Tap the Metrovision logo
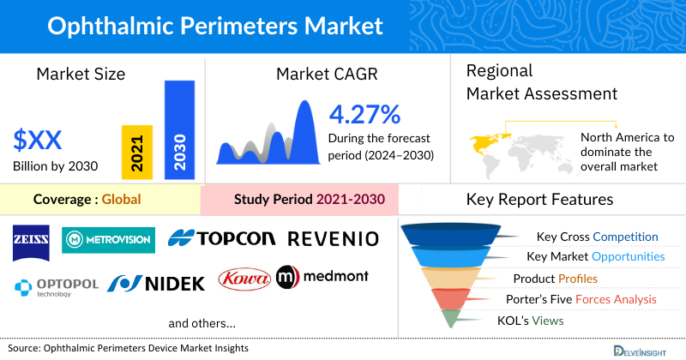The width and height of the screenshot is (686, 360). coord(108,238)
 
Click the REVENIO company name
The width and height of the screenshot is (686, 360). coord(333,238)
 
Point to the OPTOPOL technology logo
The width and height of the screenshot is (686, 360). coord(55,285)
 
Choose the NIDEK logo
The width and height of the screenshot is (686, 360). coord(157,282)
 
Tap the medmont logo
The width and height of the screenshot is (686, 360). coord(325,277)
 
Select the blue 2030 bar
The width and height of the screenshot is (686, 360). coord(179,129)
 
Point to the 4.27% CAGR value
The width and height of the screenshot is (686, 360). coord(364,113)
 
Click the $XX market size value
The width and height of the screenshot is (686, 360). coord(38,139)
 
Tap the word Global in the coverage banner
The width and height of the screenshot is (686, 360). coord(121,200)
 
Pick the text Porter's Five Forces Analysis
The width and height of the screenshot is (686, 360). coord(585,299)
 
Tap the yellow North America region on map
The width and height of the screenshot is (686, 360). coord(486,139)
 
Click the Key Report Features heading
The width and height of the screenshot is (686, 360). coord(539,200)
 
